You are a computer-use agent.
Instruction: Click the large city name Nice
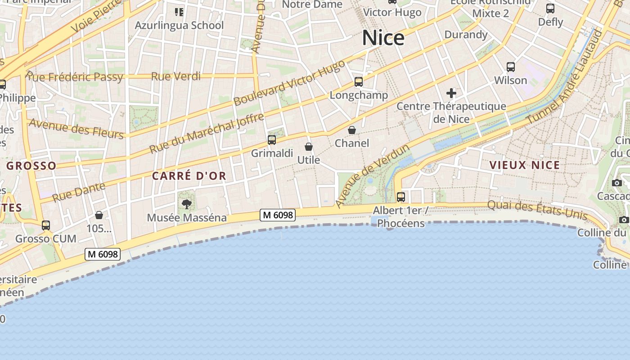[383, 38]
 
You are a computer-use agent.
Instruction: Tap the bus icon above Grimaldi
[272, 139]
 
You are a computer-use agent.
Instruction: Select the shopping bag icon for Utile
[309, 147]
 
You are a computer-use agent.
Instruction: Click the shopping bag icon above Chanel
[352, 130]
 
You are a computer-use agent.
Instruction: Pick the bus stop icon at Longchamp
[359, 82]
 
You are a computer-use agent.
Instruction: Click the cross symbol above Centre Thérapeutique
[451, 93]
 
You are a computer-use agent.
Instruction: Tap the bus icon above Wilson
[511, 67]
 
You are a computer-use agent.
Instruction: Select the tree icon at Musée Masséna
[186, 204]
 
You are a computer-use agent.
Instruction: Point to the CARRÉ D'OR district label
[189, 176]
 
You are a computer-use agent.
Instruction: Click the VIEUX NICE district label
[525, 165]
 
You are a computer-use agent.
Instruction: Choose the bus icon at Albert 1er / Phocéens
[400, 197]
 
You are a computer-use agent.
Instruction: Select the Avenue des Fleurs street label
[76, 128]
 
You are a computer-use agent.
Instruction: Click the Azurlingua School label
[179, 25]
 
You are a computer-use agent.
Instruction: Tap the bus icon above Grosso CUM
[45, 225]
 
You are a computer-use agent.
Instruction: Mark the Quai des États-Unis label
[537, 210]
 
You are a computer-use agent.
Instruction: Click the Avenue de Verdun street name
[372, 176]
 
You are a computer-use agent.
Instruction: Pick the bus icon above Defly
[550, 9]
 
